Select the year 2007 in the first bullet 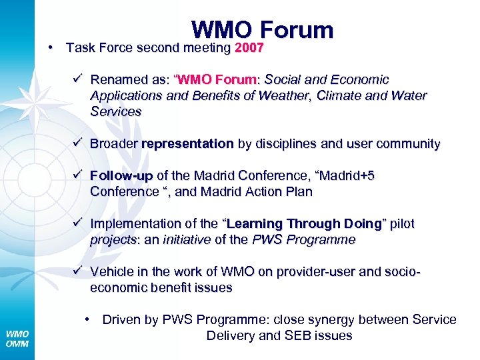249,48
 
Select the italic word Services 115,112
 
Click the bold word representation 187,144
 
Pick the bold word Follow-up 121,176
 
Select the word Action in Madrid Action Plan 253,192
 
